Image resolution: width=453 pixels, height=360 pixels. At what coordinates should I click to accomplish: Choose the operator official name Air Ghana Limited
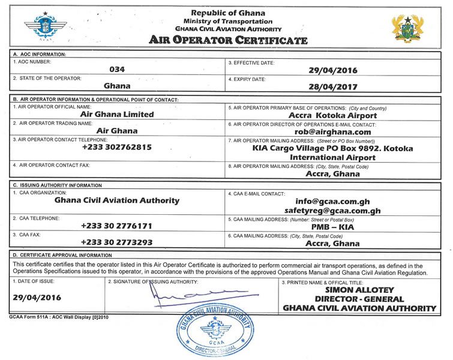[x=117, y=114]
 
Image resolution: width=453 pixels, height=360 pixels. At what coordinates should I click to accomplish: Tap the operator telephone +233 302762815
[x=117, y=147]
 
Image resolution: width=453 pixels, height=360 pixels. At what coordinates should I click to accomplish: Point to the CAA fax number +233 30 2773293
[x=117, y=243]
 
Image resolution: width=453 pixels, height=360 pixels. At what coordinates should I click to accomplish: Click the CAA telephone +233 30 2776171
[x=117, y=226]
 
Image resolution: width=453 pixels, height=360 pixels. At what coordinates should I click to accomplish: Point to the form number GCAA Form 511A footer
[x=50, y=316]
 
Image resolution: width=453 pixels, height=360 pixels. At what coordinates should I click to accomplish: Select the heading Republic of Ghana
[x=228, y=13]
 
